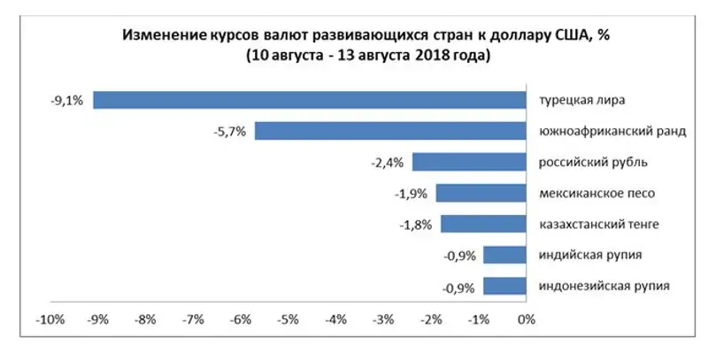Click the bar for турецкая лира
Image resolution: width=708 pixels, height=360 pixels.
click(310, 100)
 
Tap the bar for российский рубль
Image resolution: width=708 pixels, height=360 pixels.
click(469, 162)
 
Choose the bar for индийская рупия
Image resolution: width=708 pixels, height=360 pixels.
click(504, 256)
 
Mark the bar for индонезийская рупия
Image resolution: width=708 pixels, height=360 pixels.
click(504, 287)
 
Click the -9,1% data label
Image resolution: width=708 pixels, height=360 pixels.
click(67, 101)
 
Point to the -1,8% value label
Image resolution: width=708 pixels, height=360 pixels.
click(415, 225)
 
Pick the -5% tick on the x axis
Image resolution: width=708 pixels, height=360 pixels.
click(287, 319)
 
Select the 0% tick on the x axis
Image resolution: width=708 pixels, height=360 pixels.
click(526, 319)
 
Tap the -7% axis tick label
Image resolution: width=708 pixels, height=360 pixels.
click(191, 319)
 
